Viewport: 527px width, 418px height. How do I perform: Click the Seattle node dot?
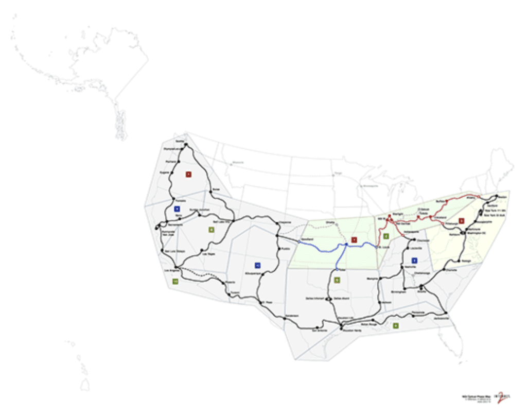tap(186, 144)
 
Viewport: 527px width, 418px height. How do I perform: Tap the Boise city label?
tap(215, 188)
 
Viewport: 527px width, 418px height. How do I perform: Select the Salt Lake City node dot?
tap(234, 221)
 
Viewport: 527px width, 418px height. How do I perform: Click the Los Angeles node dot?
tap(177, 267)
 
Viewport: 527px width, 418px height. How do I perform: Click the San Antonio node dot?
tap(317, 327)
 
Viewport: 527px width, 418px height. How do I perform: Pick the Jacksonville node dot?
tap(446, 313)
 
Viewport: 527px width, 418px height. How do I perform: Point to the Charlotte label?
tap(451, 269)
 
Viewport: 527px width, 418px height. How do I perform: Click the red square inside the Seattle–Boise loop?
tap(188, 174)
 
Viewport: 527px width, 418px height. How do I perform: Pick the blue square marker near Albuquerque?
tap(257, 265)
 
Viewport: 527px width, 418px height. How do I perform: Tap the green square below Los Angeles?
tap(175, 282)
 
